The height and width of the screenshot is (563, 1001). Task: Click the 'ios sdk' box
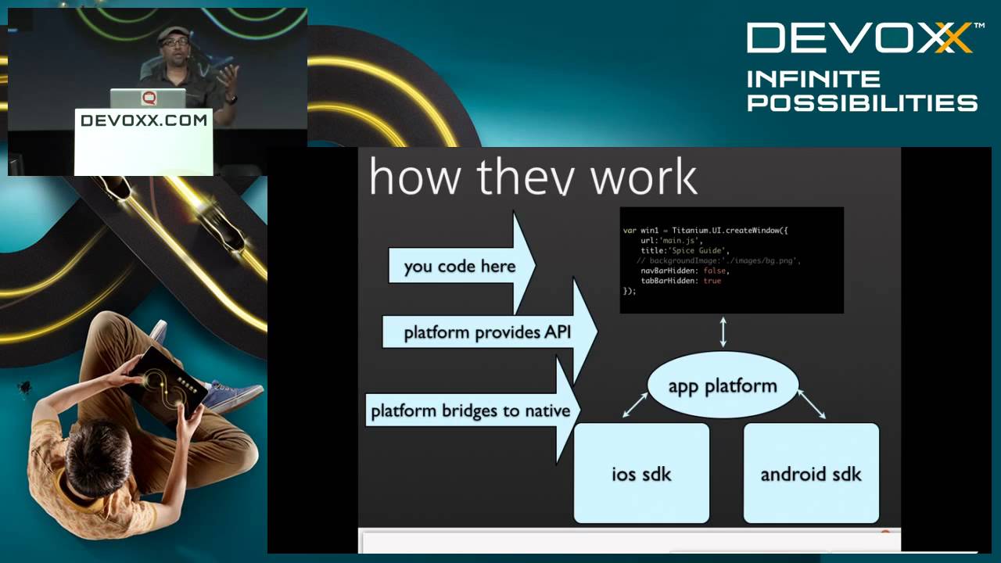tap(641, 473)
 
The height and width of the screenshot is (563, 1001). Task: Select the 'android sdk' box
tap(811, 473)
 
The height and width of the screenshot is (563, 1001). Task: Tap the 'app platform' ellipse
tap(723, 385)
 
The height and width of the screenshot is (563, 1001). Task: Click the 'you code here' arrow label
tap(460, 266)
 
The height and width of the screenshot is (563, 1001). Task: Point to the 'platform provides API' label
tap(487, 332)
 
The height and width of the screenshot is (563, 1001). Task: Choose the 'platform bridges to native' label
tap(470, 411)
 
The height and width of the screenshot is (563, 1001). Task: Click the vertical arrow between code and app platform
tap(723, 332)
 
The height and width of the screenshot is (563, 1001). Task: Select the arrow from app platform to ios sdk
tap(635, 405)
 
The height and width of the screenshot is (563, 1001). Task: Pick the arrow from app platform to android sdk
tap(811, 404)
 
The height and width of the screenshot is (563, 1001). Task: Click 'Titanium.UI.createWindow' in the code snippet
tap(726, 231)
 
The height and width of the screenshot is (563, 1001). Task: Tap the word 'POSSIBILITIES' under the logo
tap(863, 102)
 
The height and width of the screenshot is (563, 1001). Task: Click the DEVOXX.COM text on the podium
tap(144, 120)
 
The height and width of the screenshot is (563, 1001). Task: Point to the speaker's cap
tap(172, 33)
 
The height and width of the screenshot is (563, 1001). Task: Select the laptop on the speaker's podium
tap(148, 99)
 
